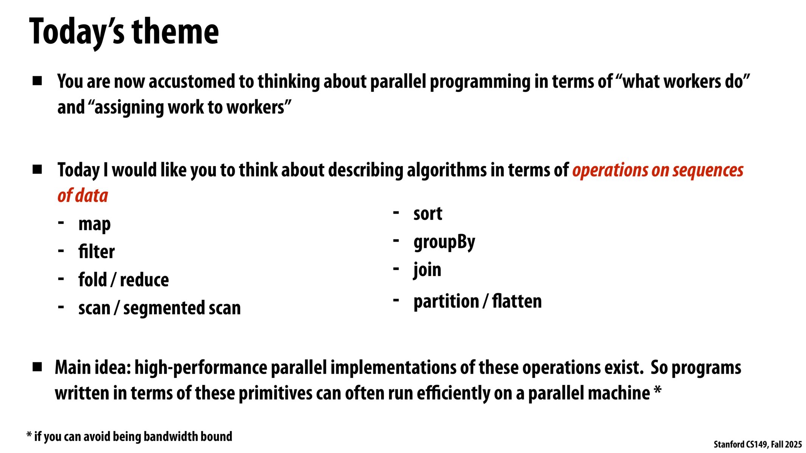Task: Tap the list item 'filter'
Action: (96, 252)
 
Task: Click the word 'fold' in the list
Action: (93, 280)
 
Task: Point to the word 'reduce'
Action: (144, 280)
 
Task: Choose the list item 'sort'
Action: (427, 214)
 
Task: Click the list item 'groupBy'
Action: (444, 242)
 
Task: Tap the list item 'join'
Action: (427, 270)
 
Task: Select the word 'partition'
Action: (446, 302)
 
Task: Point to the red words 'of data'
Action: (83, 196)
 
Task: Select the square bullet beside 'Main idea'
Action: (37, 367)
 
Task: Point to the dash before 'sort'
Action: (396, 213)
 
